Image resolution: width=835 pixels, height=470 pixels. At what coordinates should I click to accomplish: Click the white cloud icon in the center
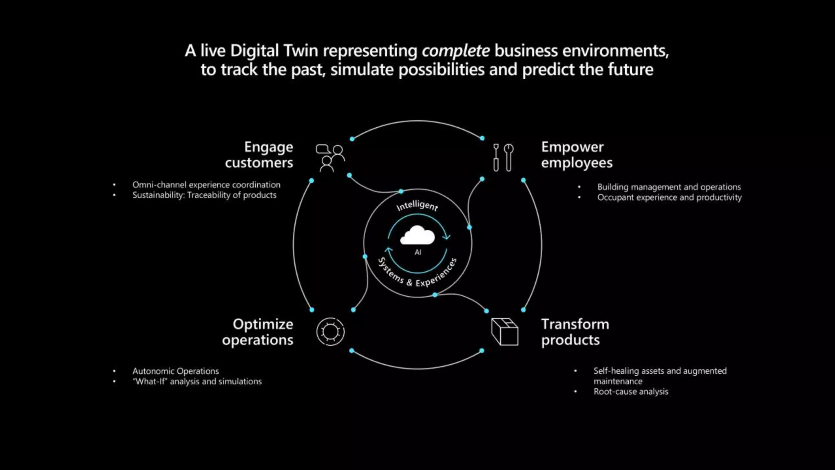pos(417,236)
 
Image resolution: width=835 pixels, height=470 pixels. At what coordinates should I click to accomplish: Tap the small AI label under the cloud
pos(418,252)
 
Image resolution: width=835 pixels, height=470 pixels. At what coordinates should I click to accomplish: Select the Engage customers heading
pos(259,155)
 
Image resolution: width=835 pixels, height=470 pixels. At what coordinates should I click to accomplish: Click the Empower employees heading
pos(577,155)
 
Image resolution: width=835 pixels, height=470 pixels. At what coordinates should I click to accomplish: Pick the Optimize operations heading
pos(258,332)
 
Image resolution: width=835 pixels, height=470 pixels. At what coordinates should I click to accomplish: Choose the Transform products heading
pos(575,332)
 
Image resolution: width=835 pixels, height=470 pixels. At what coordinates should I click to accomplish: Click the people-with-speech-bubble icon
pos(330,158)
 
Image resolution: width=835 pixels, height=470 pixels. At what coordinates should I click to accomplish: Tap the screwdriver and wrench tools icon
pos(503,157)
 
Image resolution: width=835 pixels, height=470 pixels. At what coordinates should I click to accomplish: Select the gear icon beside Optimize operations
pos(330,332)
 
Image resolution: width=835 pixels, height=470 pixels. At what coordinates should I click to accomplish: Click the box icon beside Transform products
pos(505,332)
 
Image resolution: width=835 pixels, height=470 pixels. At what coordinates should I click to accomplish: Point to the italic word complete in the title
pos(455,51)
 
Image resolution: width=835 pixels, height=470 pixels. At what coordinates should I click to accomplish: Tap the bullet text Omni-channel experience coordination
pos(206,185)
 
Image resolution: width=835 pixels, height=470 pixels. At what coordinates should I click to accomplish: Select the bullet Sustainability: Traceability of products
pos(204,195)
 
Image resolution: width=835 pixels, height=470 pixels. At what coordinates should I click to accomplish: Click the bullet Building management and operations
pos(669,187)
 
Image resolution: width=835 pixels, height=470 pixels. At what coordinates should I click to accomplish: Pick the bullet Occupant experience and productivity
pos(669,197)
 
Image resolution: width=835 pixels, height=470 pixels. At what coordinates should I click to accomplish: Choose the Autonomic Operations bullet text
pos(176,371)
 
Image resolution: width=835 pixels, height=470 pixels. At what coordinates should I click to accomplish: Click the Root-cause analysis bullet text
pos(631,392)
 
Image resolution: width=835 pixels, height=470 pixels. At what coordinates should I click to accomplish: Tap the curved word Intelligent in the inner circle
pos(417,206)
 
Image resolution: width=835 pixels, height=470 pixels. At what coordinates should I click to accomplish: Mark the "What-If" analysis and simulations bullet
pos(197,381)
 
